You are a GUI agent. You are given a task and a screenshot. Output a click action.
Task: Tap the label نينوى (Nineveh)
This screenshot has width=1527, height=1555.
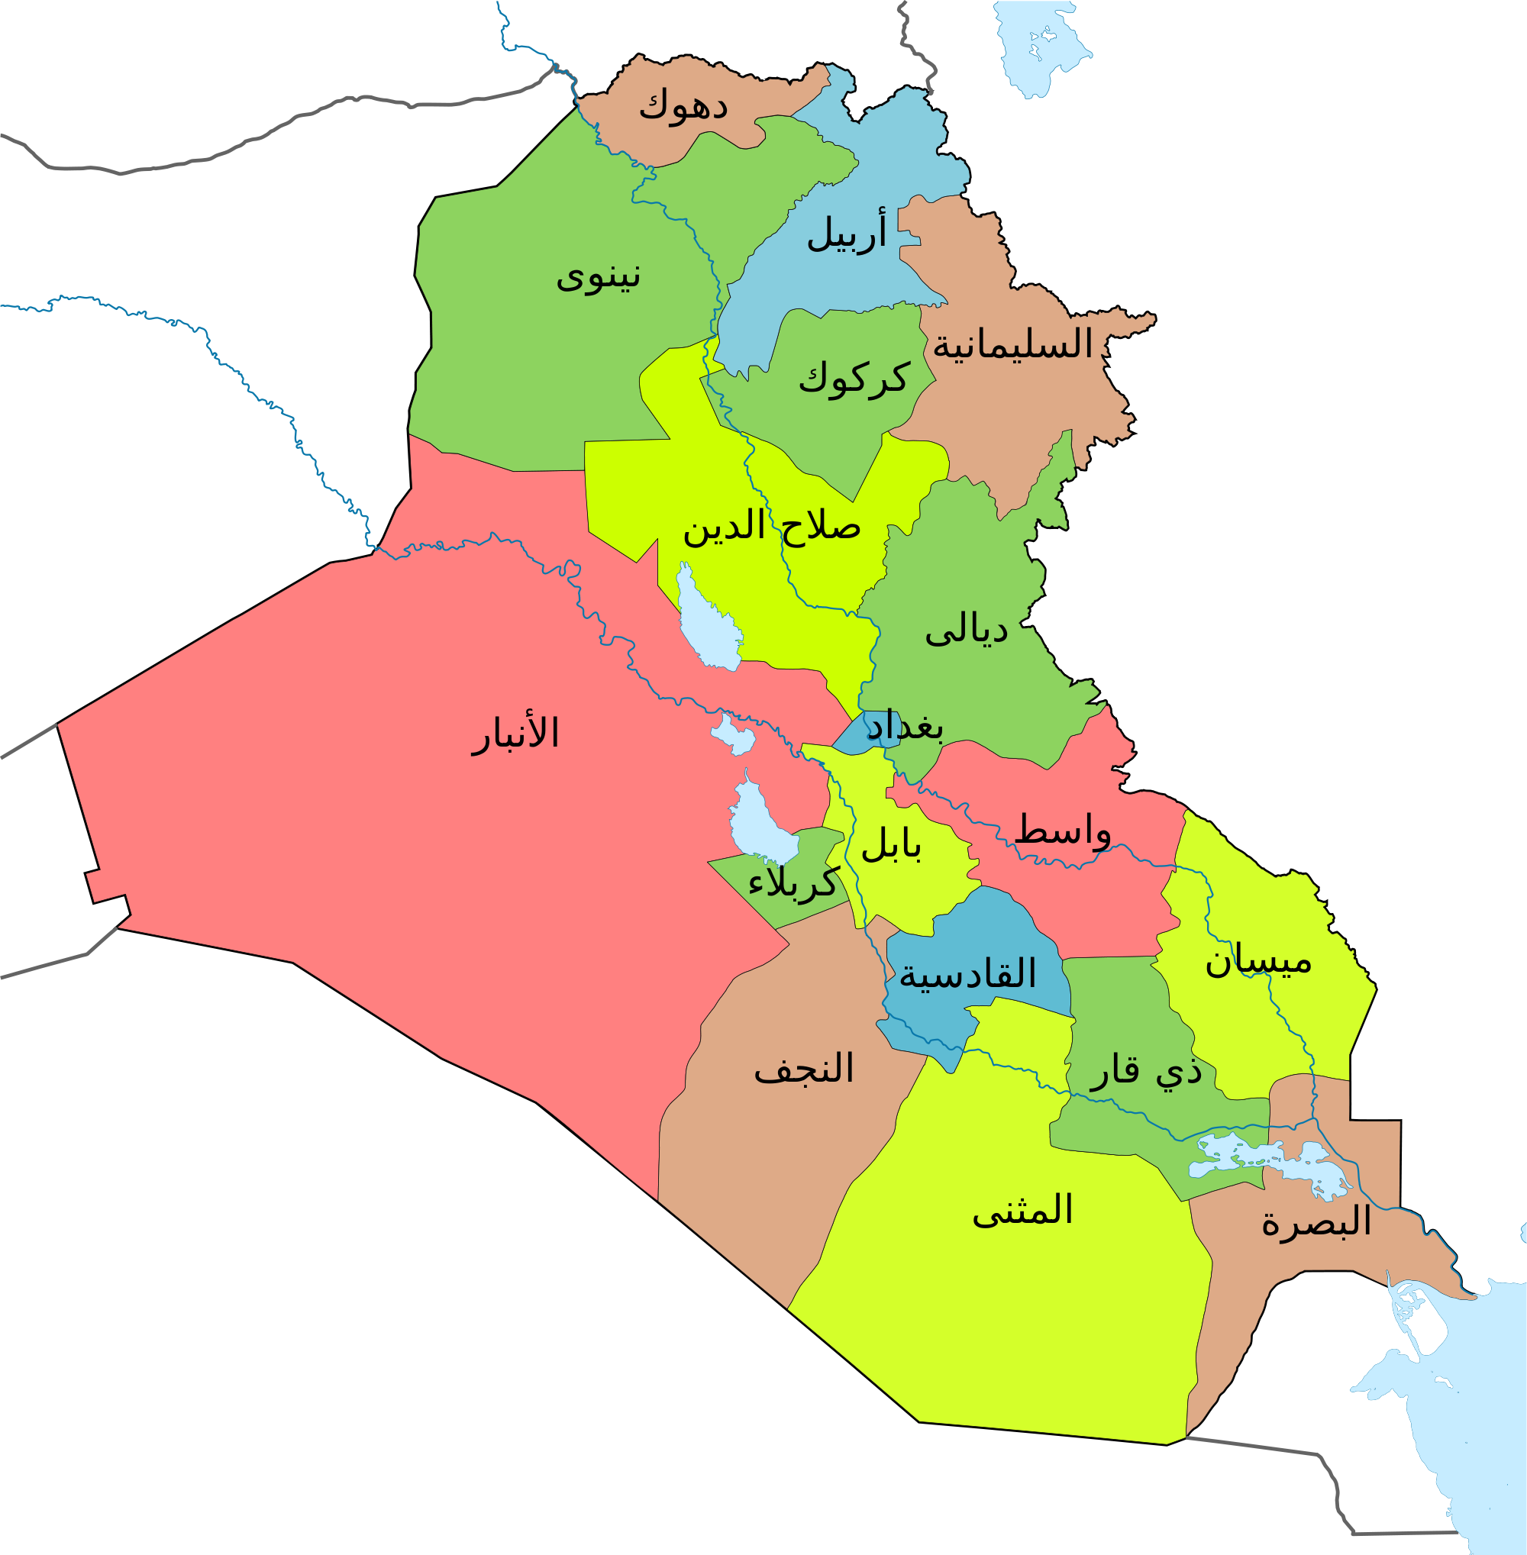[599, 276]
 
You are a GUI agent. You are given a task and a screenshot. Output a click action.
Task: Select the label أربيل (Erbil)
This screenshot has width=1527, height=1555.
[847, 233]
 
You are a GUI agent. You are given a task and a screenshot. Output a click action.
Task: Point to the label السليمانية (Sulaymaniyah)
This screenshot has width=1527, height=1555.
[1012, 345]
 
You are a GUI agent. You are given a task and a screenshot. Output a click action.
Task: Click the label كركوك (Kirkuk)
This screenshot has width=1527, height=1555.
[854, 378]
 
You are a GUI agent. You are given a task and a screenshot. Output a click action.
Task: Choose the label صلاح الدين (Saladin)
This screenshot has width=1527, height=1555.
[772, 527]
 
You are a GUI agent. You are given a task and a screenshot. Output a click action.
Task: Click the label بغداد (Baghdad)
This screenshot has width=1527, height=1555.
[905, 727]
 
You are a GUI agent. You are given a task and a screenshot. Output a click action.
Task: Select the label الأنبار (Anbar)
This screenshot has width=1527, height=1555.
[515, 734]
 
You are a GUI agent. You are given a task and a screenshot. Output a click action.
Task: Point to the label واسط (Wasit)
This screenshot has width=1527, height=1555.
[1063, 831]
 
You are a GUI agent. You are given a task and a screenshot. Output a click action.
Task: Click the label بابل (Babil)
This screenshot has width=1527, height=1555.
[891, 845]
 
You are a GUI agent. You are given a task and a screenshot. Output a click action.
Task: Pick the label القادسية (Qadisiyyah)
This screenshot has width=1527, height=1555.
[967, 973]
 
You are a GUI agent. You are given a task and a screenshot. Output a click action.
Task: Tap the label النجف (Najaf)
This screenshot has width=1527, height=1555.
[804, 1069]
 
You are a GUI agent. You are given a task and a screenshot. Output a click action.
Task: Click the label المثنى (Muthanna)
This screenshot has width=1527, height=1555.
[1022, 1210]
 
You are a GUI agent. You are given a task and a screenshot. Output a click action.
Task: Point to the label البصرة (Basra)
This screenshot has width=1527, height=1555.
[1316, 1222]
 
